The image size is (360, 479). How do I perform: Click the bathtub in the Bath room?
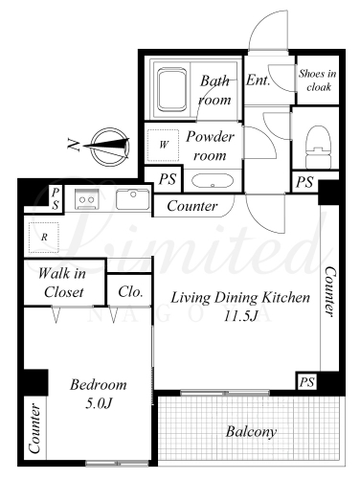click(x=172, y=89)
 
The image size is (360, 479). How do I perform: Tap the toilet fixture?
click(x=318, y=147)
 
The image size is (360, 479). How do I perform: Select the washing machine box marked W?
click(x=163, y=146)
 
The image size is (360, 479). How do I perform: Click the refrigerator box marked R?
click(x=44, y=238)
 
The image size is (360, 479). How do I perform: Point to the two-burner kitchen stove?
click(x=87, y=199)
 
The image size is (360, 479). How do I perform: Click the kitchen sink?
click(x=133, y=199)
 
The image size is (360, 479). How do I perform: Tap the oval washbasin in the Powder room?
click(x=213, y=181)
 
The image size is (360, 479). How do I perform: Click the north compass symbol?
click(x=110, y=147)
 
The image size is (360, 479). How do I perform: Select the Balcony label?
click(x=251, y=432)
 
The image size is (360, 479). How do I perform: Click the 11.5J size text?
click(x=240, y=316)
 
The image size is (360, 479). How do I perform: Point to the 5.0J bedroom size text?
click(x=99, y=404)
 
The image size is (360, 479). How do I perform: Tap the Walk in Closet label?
click(x=62, y=283)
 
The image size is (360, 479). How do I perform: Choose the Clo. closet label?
click(x=130, y=291)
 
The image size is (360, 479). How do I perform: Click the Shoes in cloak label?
click(x=318, y=80)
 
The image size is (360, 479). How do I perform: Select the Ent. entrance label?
click(x=258, y=80)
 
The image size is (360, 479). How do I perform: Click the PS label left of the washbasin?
click(x=168, y=179)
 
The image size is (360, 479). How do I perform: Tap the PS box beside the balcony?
click(x=306, y=381)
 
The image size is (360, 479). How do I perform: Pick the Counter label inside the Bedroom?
click(x=34, y=428)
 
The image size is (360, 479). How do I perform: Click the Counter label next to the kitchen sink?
click(x=192, y=206)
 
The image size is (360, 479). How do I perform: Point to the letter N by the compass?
click(x=74, y=146)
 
